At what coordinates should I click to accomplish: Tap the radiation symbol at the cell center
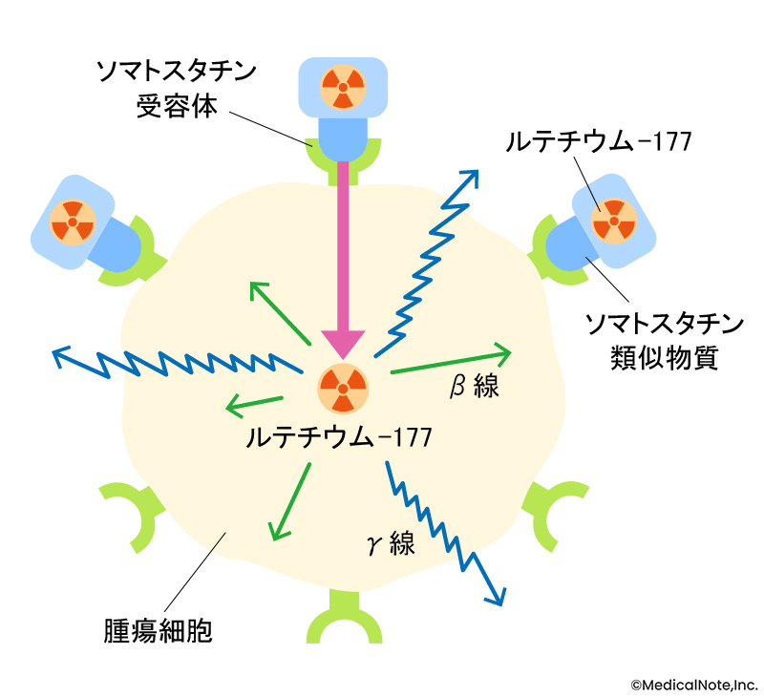click(x=342, y=387)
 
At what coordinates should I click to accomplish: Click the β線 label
click(x=474, y=386)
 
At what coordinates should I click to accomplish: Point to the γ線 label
click(x=391, y=544)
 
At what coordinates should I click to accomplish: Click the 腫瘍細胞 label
click(x=157, y=631)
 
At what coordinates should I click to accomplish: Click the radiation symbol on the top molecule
click(x=342, y=86)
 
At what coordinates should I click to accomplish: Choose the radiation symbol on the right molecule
click(x=613, y=222)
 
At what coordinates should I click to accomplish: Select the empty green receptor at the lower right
click(x=554, y=512)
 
